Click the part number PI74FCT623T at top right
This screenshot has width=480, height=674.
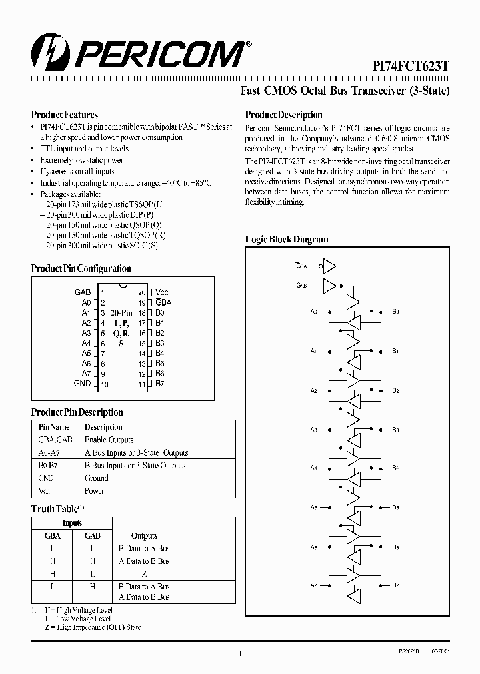tap(410, 66)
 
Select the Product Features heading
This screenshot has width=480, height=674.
tap(65, 115)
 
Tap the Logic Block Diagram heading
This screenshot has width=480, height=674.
tap(287, 240)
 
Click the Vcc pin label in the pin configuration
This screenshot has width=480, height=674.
tap(162, 292)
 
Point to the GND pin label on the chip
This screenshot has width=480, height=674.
tap(83, 384)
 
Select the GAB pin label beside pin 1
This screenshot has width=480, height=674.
tap(83, 292)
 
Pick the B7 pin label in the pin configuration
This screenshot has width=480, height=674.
tap(160, 384)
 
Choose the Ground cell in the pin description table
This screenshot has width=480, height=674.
tap(97, 478)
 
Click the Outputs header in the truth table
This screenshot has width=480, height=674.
tap(144, 535)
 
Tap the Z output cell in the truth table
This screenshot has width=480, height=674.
tap(144, 573)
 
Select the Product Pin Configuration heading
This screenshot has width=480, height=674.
tap(81, 268)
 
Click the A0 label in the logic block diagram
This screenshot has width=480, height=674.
tap(313, 312)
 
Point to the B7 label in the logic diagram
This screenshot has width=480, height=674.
tap(395, 585)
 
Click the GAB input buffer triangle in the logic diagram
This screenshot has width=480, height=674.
tap(330, 286)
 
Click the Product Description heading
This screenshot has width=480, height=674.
tap(283, 115)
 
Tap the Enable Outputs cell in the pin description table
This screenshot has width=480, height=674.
tap(109, 440)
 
